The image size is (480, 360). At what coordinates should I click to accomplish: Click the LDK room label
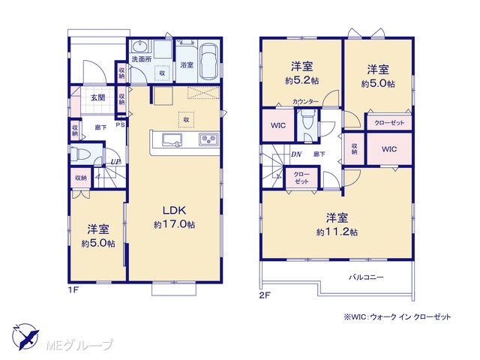[x=174, y=210]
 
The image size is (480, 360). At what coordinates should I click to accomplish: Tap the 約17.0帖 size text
[x=174, y=225]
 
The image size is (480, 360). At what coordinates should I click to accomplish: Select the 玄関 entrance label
[x=98, y=97]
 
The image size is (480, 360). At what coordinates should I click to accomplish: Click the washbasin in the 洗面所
[x=140, y=46]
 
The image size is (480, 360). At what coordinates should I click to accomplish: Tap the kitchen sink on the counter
[x=172, y=140]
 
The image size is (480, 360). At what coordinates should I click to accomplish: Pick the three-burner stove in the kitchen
[x=209, y=139]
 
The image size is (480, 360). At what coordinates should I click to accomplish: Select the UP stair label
[x=115, y=161]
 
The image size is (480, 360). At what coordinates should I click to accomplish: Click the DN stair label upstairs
[x=296, y=154]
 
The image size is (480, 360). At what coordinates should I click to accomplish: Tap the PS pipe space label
[x=120, y=125]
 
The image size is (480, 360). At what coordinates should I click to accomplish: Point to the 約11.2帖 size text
[x=337, y=232]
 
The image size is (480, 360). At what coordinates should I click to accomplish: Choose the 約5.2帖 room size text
[x=301, y=80]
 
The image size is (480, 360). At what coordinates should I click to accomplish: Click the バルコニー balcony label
[x=367, y=277]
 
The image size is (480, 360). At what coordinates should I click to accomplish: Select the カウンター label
[x=305, y=102]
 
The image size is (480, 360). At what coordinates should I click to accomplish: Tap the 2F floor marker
[x=265, y=295]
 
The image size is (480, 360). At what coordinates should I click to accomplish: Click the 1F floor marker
[x=73, y=289]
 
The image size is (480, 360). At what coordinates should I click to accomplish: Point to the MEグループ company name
[x=79, y=345]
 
